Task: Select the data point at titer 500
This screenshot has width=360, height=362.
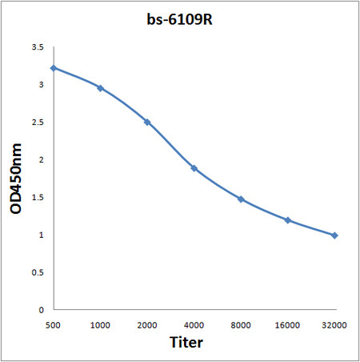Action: click(x=54, y=68)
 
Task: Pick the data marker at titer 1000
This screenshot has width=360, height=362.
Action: click(x=100, y=88)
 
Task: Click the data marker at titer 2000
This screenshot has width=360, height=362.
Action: click(x=147, y=122)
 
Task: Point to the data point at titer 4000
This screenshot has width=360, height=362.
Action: click(x=194, y=168)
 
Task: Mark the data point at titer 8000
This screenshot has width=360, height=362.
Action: click(x=241, y=199)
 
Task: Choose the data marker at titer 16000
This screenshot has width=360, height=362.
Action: click(x=287, y=220)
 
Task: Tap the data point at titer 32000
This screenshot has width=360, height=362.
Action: click(x=334, y=235)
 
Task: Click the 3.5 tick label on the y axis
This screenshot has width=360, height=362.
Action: click(x=37, y=47)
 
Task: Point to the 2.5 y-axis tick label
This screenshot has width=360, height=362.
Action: click(x=37, y=123)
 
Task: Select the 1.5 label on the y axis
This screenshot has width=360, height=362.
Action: click(x=37, y=197)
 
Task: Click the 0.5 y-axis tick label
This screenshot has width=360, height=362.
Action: click(x=37, y=272)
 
